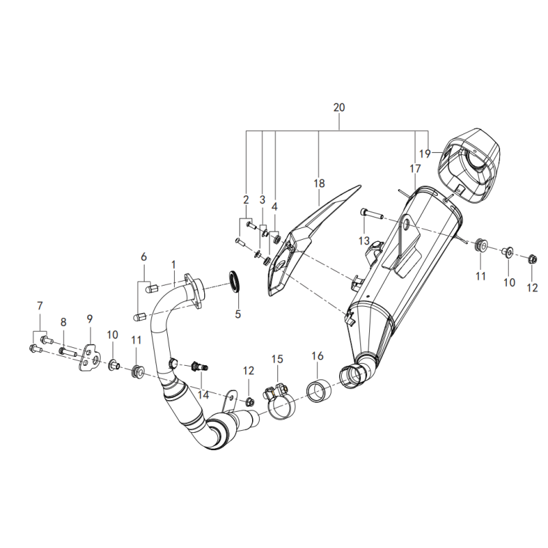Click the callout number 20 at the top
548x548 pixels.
click(339, 108)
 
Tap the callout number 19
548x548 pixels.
click(425, 153)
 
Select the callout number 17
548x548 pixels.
click(415, 169)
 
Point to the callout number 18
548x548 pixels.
click(319, 183)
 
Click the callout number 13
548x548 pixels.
click(364, 240)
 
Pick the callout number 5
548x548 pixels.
click(238, 314)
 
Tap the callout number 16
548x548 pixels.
click(317, 356)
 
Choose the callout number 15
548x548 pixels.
click(277, 359)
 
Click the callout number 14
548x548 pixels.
click(203, 395)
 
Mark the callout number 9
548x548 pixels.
click(90, 319)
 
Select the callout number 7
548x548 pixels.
click(40, 306)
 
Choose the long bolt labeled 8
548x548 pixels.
click(67, 351)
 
